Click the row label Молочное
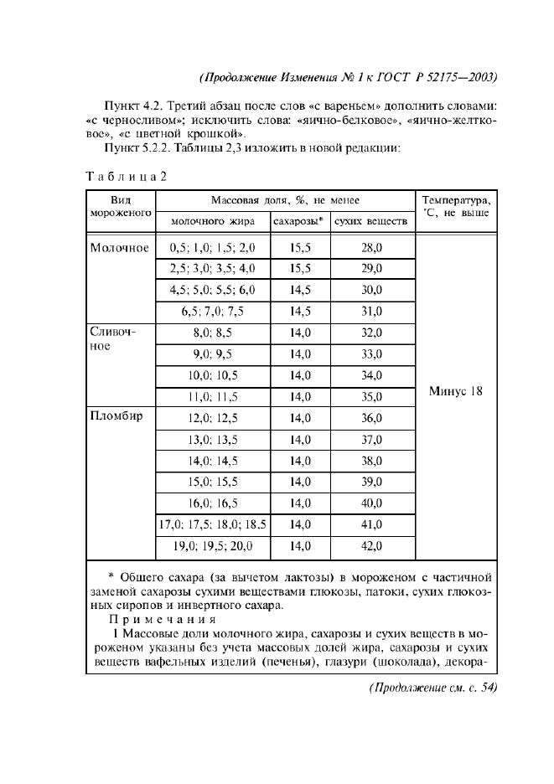click(x=119, y=248)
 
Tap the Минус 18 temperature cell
click(x=456, y=391)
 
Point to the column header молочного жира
click(x=213, y=222)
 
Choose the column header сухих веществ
click(x=371, y=222)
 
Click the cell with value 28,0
click(x=371, y=248)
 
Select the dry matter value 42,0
click(x=371, y=546)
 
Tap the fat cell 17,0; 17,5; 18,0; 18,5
click(x=213, y=525)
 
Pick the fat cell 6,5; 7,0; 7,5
click(x=213, y=312)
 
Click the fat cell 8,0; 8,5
click(x=213, y=333)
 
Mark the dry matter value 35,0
click(x=371, y=397)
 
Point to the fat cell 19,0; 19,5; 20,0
click(x=213, y=546)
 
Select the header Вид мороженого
click(x=120, y=207)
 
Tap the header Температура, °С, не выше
click(x=456, y=207)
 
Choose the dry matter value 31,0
click(x=371, y=312)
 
